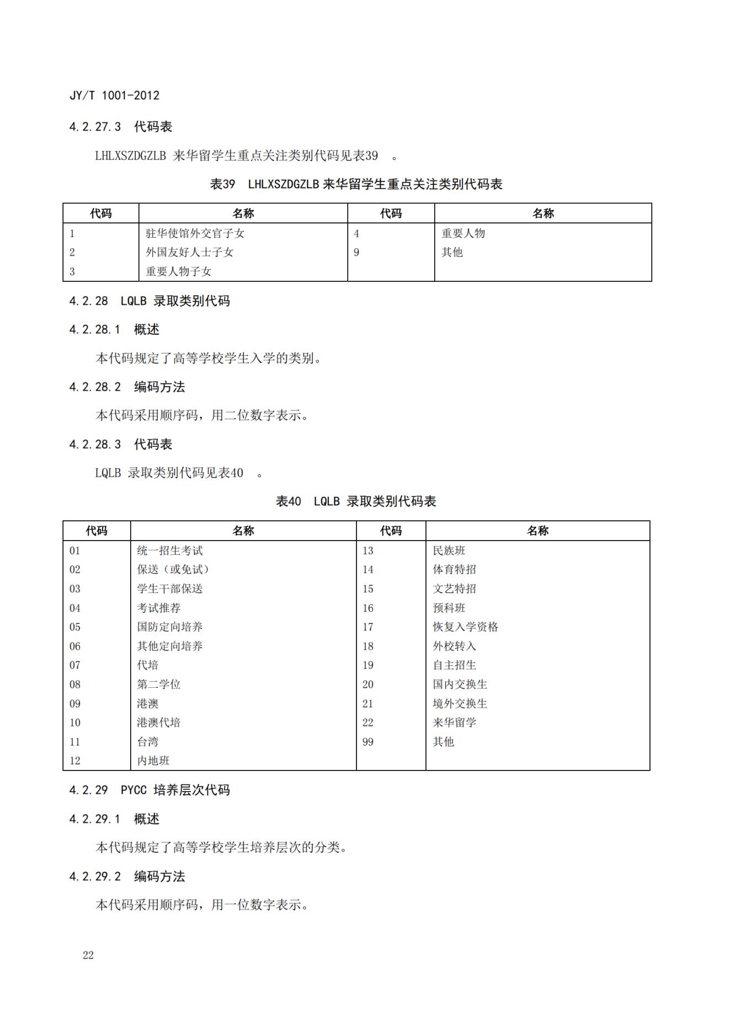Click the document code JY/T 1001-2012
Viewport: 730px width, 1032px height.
pyautogui.click(x=114, y=95)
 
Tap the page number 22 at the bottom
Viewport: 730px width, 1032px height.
pyautogui.click(x=88, y=955)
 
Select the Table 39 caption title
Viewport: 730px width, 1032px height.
pyautogui.click(x=356, y=184)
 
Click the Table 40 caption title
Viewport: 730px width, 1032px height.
pyautogui.click(x=356, y=501)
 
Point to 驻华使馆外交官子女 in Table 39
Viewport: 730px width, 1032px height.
pyautogui.click(x=195, y=233)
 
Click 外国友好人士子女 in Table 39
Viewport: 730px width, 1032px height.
pyautogui.click(x=189, y=253)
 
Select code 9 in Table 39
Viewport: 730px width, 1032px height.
pyautogui.click(x=356, y=253)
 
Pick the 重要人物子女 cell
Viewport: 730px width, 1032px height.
pyautogui.click(x=178, y=271)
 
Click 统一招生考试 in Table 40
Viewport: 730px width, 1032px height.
pyautogui.click(x=170, y=550)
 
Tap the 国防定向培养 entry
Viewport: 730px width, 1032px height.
pyautogui.click(x=170, y=627)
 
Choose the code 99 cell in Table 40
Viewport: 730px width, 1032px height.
pyautogui.click(x=368, y=742)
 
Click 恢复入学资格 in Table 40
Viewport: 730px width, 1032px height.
pyautogui.click(x=465, y=627)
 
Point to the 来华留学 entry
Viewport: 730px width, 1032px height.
pyautogui.click(x=454, y=723)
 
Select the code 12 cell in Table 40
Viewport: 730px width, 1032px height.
pyautogui.click(x=75, y=761)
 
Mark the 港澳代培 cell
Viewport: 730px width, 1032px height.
pyautogui.click(x=159, y=723)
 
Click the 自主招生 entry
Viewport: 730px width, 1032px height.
pyautogui.click(x=454, y=665)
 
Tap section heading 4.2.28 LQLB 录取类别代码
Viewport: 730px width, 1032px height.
pyautogui.click(x=149, y=301)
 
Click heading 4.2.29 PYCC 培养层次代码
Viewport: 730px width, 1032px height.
pyautogui.click(x=149, y=790)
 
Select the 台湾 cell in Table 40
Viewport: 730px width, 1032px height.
pyautogui.click(x=148, y=742)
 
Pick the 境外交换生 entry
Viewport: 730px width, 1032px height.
pyautogui.click(x=460, y=704)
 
